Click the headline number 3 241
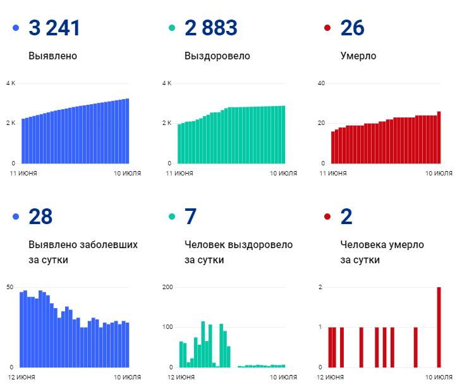click(54, 28)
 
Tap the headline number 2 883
click(211, 28)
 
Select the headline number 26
click(352, 28)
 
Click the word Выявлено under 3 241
click(52, 56)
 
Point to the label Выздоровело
click(217, 56)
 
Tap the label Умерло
click(358, 56)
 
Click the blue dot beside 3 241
click(16, 28)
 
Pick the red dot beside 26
click(327, 28)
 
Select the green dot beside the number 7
click(171, 217)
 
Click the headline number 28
click(40, 217)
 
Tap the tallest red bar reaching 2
click(439, 327)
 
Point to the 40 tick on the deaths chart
click(321, 83)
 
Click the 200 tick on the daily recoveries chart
click(167, 287)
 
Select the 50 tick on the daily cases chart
click(9, 287)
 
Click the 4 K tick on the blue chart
click(10, 83)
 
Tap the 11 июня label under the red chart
click(332, 173)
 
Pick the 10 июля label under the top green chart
click(284, 173)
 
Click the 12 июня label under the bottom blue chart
click(22, 377)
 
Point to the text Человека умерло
click(382, 245)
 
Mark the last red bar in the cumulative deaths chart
click(439, 137)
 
